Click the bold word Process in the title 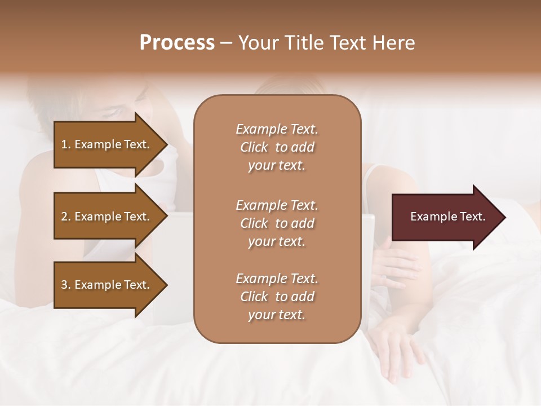coord(177,43)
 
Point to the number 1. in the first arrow coord(65,145)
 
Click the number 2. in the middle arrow coord(65,217)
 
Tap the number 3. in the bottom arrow coord(65,285)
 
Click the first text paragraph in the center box coord(277,147)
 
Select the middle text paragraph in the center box coord(277,223)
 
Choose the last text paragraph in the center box coord(277,297)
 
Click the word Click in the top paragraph coord(254,148)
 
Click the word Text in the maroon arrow coord(473,217)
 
